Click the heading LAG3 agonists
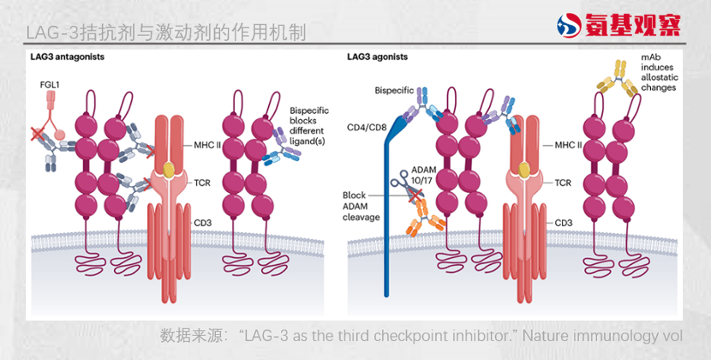click(x=377, y=57)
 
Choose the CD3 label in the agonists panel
click(x=563, y=223)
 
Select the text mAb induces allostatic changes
click(x=660, y=72)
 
